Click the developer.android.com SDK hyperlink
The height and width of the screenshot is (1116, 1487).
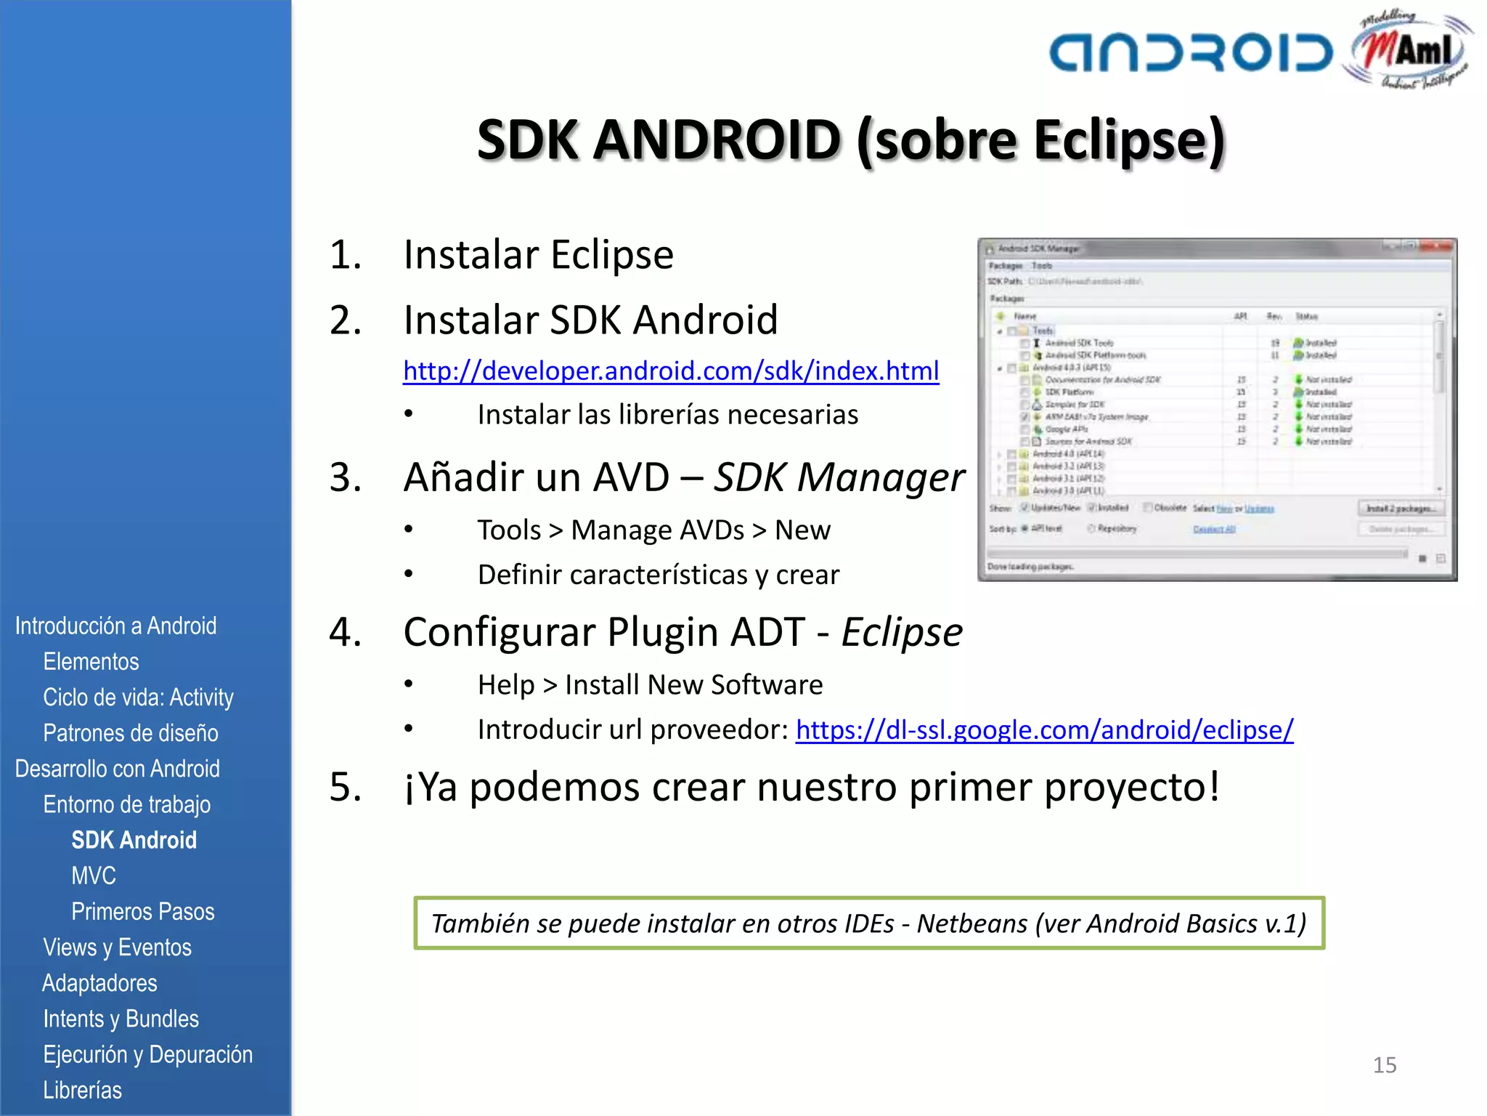[x=671, y=371]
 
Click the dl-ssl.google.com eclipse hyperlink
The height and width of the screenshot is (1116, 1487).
[x=1044, y=729]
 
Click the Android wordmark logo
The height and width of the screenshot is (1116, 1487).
[x=1191, y=52]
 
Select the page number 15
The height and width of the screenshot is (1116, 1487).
[x=1384, y=1065]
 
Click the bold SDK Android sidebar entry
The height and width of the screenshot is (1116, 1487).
[x=134, y=840]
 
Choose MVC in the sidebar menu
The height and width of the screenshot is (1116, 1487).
[x=94, y=876]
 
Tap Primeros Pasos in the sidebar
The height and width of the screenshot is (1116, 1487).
[x=142, y=911]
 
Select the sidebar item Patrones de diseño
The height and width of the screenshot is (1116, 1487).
[x=131, y=732]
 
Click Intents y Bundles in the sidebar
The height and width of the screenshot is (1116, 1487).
[x=121, y=1019]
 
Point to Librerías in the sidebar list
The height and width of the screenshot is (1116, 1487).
[x=82, y=1090]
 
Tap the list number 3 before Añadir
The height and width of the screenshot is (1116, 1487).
[x=346, y=477]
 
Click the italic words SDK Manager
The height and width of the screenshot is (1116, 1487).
[x=839, y=477]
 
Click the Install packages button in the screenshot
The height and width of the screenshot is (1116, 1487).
[x=1401, y=509]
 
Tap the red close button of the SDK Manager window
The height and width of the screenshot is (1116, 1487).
[x=1439, y=248]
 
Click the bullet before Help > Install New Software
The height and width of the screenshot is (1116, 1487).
[x=409, y=684]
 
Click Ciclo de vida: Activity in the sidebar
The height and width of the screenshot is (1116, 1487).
[x=138, y=697]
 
